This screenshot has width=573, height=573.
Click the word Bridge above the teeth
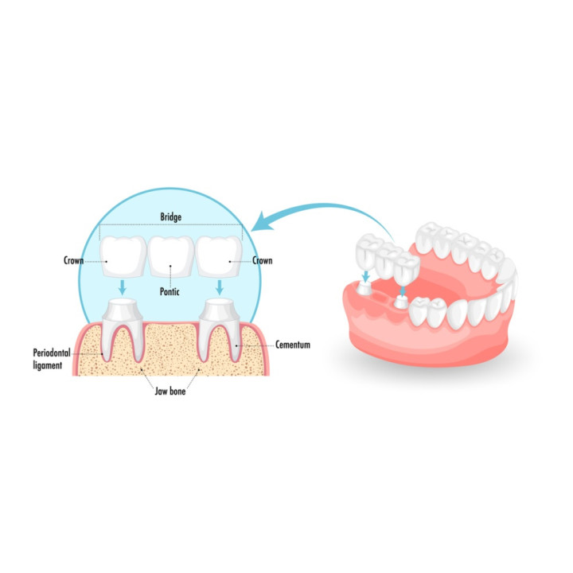click(x=170, y=217)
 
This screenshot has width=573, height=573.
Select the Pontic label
click(x=170, y=291)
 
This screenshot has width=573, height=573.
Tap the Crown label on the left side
click(x=73, y=260)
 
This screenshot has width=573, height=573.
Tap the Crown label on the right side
click(x=263, y=260)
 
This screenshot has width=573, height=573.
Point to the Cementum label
click(x=293, y=345)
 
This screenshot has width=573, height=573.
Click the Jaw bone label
click(x=170, y=391)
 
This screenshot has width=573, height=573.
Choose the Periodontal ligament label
click(x=52, y=359)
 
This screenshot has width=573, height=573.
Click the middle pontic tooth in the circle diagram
click(x=171, y=256)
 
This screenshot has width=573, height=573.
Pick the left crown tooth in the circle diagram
click(x=123, y=256)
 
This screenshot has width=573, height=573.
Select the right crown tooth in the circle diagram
click(x=219, y=256)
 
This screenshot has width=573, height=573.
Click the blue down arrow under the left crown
click(x=123, y=287)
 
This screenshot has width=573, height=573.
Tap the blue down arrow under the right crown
click(x=220, y=287)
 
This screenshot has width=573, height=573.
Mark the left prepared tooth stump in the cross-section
click(x=123, y=329)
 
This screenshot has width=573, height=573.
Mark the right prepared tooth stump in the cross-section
click(x=220, y=329)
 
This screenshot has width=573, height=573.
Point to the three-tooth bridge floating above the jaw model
click(x=388, y=259)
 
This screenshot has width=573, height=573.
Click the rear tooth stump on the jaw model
click(x=364, y=288)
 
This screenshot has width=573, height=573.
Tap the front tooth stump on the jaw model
click(x=401, y=302)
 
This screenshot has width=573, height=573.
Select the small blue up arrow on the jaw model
click(x=403, y=291)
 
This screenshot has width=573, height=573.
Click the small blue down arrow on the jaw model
click(x=366, y=276)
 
